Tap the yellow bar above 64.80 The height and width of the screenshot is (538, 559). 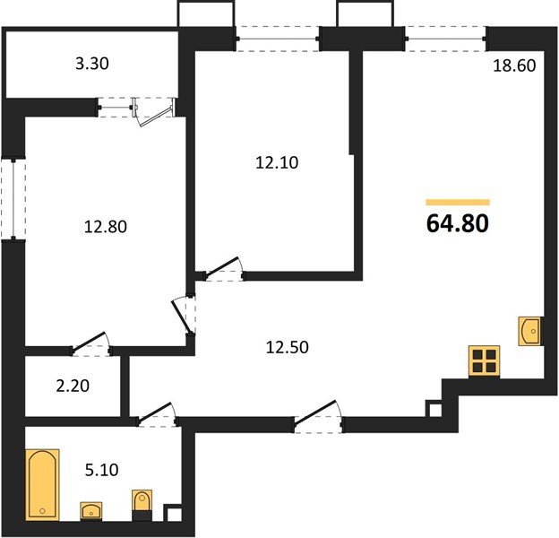tap(457, 203)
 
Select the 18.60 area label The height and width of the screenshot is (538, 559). tap(514, 65)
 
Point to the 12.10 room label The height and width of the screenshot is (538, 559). tap(277, 162)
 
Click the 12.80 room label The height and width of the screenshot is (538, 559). tap(105, 227)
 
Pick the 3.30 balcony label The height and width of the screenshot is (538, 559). tap(93, 64)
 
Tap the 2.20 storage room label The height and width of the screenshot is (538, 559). tap(72, 387)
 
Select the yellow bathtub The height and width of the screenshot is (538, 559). tap(42, 483)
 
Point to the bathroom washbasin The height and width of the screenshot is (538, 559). tap(91, 511)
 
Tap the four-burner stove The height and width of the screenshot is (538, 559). tap(484, 361)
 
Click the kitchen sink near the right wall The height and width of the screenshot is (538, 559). tap(529, 331)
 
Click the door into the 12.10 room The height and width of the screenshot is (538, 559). tap(220, 269)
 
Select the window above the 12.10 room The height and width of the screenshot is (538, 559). tap(278, 37)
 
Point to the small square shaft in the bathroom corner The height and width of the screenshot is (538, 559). tap(174, 516)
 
